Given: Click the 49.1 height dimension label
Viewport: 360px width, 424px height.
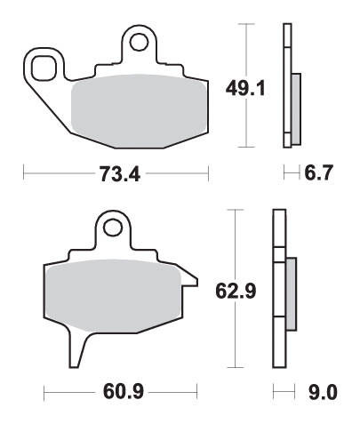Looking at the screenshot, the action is [245, 88].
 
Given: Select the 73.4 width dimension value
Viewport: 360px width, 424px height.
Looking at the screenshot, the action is [119, 173].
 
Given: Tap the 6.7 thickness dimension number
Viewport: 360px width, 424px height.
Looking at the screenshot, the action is [319, 172].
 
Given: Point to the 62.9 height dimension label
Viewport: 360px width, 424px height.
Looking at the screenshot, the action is [236, 292].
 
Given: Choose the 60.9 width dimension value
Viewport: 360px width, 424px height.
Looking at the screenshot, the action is [124, 391].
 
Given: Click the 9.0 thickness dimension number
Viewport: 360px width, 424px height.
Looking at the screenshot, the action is [323, 392].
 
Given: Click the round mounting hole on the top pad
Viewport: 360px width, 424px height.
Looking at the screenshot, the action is [139, 42].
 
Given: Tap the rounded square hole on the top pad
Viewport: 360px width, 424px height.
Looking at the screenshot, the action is [44, 68].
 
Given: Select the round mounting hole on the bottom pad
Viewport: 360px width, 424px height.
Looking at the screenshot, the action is [113, 228].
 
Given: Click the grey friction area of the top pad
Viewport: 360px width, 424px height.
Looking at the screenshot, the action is [140, 110].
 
